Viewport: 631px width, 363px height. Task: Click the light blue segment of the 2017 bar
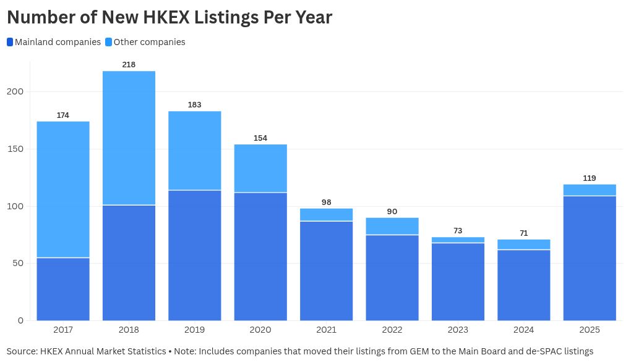63,189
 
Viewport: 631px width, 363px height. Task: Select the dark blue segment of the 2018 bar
129,263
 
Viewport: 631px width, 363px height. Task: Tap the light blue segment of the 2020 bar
261,169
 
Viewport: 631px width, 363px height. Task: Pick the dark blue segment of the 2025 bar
590,258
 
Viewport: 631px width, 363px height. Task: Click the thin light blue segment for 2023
458,240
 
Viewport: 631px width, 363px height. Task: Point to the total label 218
129,65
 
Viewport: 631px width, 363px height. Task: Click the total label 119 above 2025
590,178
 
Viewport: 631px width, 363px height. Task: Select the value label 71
523,233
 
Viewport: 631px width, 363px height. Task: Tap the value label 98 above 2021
327,202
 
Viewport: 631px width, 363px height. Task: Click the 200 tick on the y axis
15,91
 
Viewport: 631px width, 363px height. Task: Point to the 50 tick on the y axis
18,264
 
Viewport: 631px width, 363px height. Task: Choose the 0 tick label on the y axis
21,321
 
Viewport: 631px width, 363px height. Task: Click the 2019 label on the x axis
194,330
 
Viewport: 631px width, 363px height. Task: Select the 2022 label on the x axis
392,330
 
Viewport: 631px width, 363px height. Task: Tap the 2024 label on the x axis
523,330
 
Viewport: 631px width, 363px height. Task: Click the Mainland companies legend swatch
10,42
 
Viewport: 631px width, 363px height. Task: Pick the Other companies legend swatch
109,42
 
